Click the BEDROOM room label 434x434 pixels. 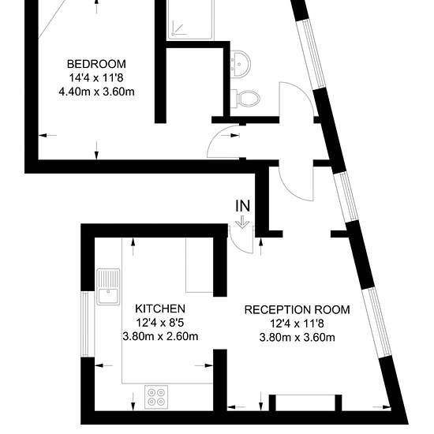[96, 64]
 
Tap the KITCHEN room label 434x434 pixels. [160, 309]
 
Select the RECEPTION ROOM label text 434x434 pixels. [297, 309]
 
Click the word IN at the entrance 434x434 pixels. [243, 206]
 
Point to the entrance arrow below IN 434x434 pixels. [242, 223]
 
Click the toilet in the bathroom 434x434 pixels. [245, 99]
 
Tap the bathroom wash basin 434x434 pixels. [240, 64]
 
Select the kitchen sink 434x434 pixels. [108, 286]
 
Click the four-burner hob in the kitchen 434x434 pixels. [156, 397]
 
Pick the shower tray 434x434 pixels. [190, 20]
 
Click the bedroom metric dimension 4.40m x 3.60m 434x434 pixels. [96, 92]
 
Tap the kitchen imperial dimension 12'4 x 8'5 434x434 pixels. [160, 322]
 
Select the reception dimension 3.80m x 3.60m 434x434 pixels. [297, 338]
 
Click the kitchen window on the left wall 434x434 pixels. [88, 324]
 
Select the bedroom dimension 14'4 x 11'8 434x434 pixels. [96, 78]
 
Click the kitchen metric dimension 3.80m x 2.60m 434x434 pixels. [160, 336]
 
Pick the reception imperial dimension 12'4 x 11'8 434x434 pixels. [297, 324]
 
